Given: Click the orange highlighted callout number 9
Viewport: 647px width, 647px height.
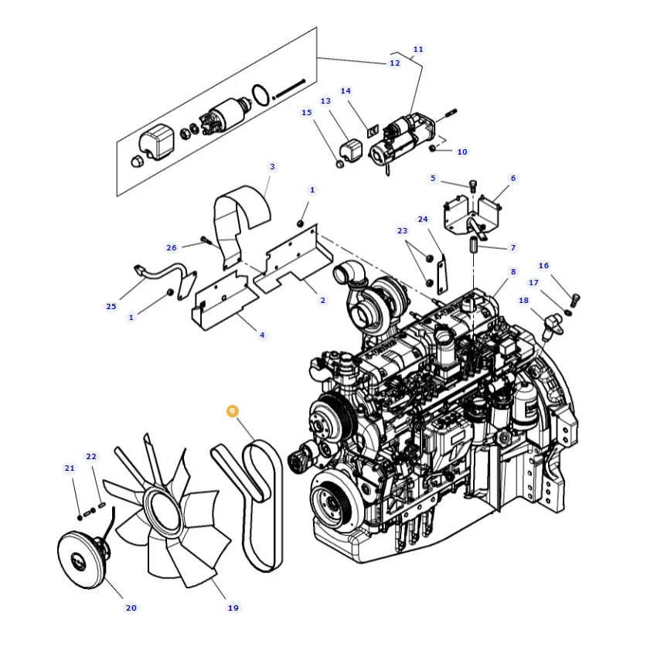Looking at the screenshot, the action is point(233,411).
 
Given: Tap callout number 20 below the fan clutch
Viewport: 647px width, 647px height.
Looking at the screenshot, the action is point(131,608).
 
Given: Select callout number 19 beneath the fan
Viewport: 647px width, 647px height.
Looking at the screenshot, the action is point(233,608).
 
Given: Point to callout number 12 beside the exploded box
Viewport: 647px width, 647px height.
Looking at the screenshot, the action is point(395,63).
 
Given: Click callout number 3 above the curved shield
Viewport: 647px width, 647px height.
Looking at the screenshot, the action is point(272,166).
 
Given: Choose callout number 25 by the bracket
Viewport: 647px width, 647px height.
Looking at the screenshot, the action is point(111,306).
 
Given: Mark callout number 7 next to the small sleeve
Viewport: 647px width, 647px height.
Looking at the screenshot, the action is point(513,247).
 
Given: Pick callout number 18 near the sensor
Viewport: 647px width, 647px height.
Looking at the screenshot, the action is point(523,300).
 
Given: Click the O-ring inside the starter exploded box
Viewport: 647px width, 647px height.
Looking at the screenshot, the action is point(261,95).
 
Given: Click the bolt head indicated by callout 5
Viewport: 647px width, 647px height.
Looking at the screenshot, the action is point(473,184).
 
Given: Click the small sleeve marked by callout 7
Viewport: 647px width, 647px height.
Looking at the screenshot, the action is point(473,246).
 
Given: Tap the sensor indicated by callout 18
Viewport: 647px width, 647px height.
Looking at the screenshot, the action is point(553,325).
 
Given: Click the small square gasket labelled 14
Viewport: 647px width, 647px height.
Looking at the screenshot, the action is point(373,131).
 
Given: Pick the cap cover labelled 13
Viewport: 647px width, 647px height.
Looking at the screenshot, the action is point(351,149).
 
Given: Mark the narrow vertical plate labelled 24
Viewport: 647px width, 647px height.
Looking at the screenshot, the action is point(442,274).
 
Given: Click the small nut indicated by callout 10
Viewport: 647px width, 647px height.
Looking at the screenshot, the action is point(432,148).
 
